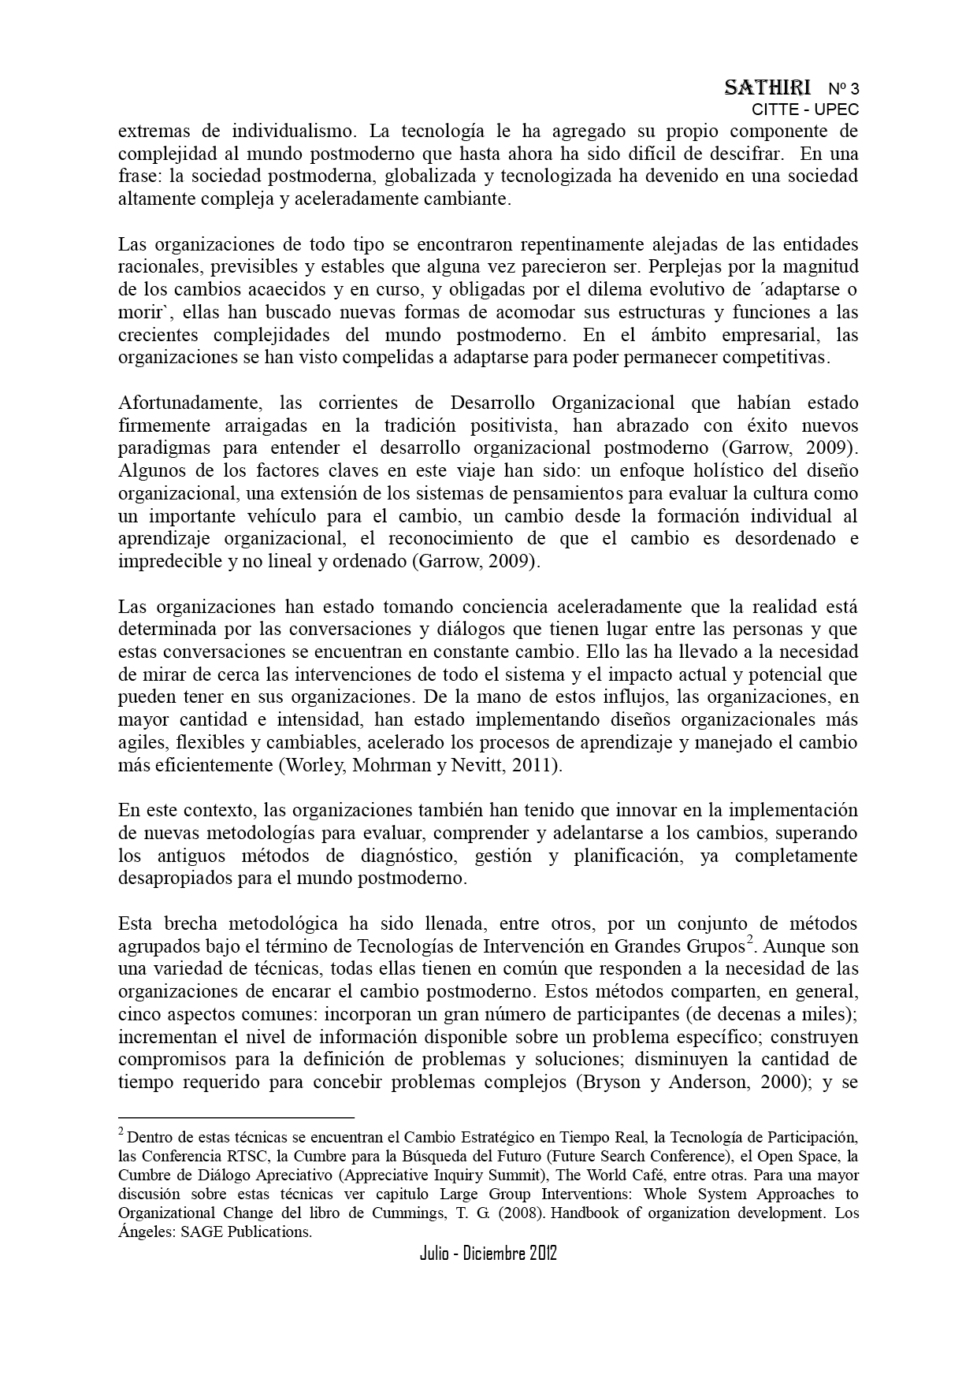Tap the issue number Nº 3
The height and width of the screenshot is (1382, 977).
point(843,88)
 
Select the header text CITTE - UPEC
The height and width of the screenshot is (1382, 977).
point(805,110)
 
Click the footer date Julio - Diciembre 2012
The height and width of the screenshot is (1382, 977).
point(489,1253)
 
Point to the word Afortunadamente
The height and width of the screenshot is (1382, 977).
point(189,403)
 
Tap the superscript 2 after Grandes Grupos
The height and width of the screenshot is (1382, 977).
point(750,941)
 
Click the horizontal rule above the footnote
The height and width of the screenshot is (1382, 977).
point(236,1116)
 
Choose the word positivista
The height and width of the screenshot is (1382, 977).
point(513,425)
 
